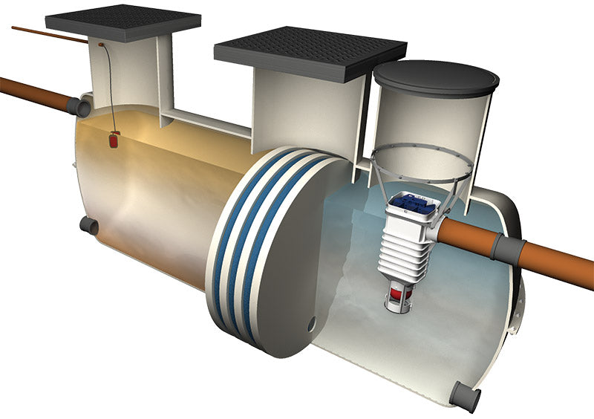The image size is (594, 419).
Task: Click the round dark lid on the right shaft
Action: tap(436, 79)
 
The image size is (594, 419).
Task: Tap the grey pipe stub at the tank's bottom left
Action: tap(89, 225)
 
